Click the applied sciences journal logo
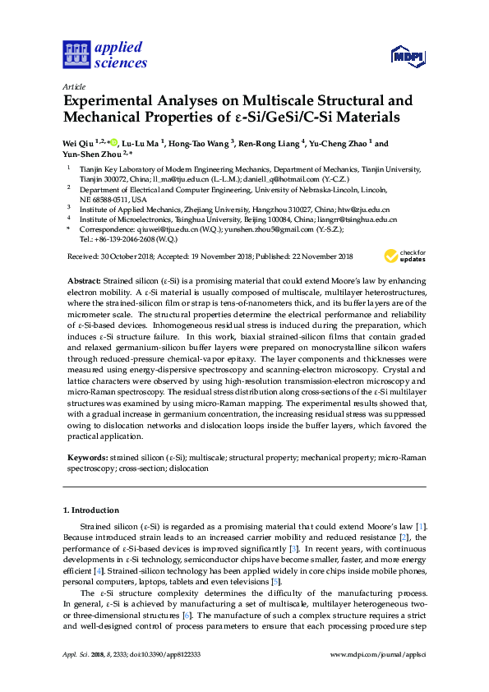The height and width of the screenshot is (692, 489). tap(104, 53)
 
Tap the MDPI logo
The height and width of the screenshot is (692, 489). tap(406, 56)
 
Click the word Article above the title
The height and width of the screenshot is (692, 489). tap(73, 86)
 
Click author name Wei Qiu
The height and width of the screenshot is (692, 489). tap(80, 143)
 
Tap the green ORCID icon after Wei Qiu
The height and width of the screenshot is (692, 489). tap(113, 143)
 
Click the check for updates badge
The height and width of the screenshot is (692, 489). tap(405, 256)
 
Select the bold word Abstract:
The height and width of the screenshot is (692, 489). tap(85, 281)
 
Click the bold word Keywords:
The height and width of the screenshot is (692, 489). tap(86, 456)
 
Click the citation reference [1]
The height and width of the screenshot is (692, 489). tap(421, 525)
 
